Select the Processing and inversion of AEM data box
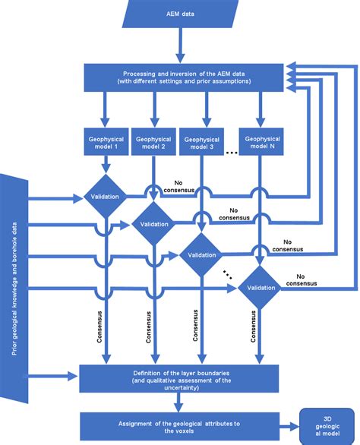180,76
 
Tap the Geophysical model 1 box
106,143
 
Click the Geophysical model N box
262,143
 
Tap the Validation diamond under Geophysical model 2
155,224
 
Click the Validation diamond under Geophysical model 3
203,256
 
